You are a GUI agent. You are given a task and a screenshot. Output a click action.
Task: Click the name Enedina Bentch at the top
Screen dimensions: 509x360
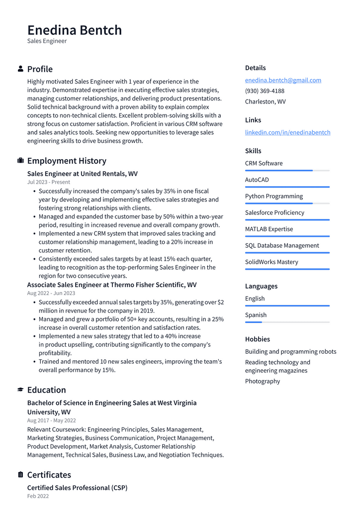[75, 30]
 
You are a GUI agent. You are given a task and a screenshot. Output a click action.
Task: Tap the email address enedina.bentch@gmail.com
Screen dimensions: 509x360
[283, 80]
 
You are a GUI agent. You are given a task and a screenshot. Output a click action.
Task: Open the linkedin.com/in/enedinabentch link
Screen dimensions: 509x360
[287, 132]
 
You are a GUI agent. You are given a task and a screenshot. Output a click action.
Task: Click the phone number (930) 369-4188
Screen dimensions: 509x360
[265, 91]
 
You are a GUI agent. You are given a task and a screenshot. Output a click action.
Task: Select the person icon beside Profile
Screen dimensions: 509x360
[20, 69]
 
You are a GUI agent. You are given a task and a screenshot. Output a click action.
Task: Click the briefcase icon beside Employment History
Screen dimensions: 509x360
[20, 161]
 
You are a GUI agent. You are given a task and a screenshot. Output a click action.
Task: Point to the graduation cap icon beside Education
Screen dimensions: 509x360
[20, 390]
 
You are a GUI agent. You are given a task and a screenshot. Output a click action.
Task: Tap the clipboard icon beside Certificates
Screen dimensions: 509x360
[20, 475]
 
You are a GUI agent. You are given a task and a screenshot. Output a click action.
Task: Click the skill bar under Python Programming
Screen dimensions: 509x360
[287, 204]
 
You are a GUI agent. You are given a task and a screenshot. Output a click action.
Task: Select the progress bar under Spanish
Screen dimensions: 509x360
[287, 322]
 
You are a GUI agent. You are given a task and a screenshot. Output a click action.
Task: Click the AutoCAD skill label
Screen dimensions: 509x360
[257, 180]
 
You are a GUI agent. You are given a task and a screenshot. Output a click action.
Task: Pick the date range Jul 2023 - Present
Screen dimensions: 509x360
[49, 182]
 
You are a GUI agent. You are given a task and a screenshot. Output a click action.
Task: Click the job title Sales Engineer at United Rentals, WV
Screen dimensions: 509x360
[83, 174]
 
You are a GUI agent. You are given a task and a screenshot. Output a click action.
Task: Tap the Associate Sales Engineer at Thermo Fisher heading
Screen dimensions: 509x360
[112, 285]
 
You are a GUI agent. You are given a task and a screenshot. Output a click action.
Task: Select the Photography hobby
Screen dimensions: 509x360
[263, 381]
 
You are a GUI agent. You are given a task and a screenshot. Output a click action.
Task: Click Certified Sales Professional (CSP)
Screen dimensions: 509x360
[77, 488]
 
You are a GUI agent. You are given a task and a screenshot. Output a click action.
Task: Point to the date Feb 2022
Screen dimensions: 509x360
[38, 496]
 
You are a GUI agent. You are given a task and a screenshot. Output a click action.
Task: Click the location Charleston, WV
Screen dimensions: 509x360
[265, 102]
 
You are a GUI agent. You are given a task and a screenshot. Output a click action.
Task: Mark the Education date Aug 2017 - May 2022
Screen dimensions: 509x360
[52, 420]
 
